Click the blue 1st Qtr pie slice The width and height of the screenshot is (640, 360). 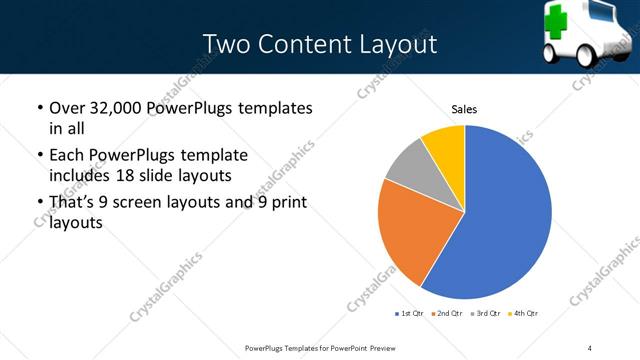click(x=505, y=215)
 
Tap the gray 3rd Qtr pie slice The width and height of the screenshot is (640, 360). click(x=407, y=165)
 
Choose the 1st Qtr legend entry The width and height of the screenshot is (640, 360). click(x=410, y=314)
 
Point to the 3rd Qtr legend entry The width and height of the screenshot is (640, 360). click(x=486, y=314)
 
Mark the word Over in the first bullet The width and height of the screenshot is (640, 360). click(x=68, y=107)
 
